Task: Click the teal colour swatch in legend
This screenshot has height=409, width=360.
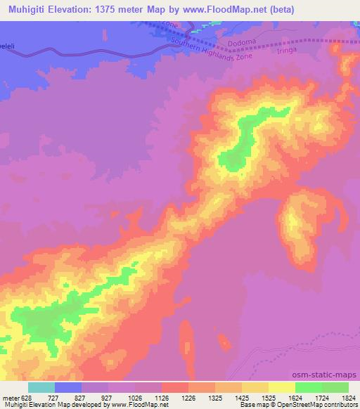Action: pyautogui.click(x=41, y=387)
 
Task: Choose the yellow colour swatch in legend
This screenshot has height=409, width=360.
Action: pyautogui.click(x=281, y=387)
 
